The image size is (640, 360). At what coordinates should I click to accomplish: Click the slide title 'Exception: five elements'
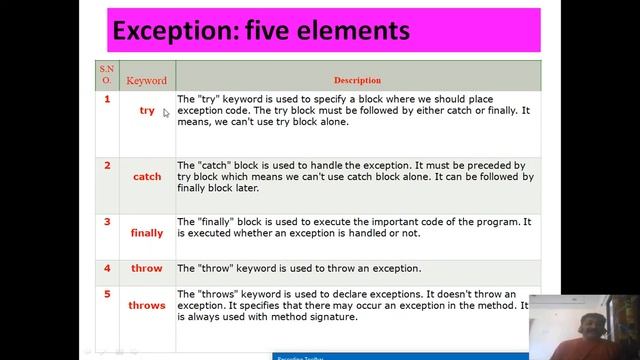(261, 31)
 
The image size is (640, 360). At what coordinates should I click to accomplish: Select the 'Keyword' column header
(146, 80)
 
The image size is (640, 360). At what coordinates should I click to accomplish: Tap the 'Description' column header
(357, 80)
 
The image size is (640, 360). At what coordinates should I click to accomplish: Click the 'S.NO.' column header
(106, 74)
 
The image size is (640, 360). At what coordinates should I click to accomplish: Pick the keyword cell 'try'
(147, 111)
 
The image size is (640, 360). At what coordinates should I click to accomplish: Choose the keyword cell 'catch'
(147, 177)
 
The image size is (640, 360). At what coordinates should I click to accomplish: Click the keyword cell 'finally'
(147, 233)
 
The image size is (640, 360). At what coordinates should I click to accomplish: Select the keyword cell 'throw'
(147, 269)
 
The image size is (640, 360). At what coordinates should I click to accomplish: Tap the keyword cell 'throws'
(147, 306)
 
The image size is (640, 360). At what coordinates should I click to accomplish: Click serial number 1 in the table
(107, 99)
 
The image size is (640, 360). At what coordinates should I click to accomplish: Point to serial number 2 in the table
(107, 165)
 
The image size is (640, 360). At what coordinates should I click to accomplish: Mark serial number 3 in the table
(107, 221)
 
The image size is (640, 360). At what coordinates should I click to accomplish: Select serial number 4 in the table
(107, 268)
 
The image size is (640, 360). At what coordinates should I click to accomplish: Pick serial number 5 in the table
(107, 294)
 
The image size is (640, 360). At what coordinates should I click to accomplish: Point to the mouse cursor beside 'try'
(165, 113)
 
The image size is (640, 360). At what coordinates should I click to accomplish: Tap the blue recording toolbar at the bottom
(400, 356)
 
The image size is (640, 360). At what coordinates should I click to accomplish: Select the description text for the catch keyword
(355, 176)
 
